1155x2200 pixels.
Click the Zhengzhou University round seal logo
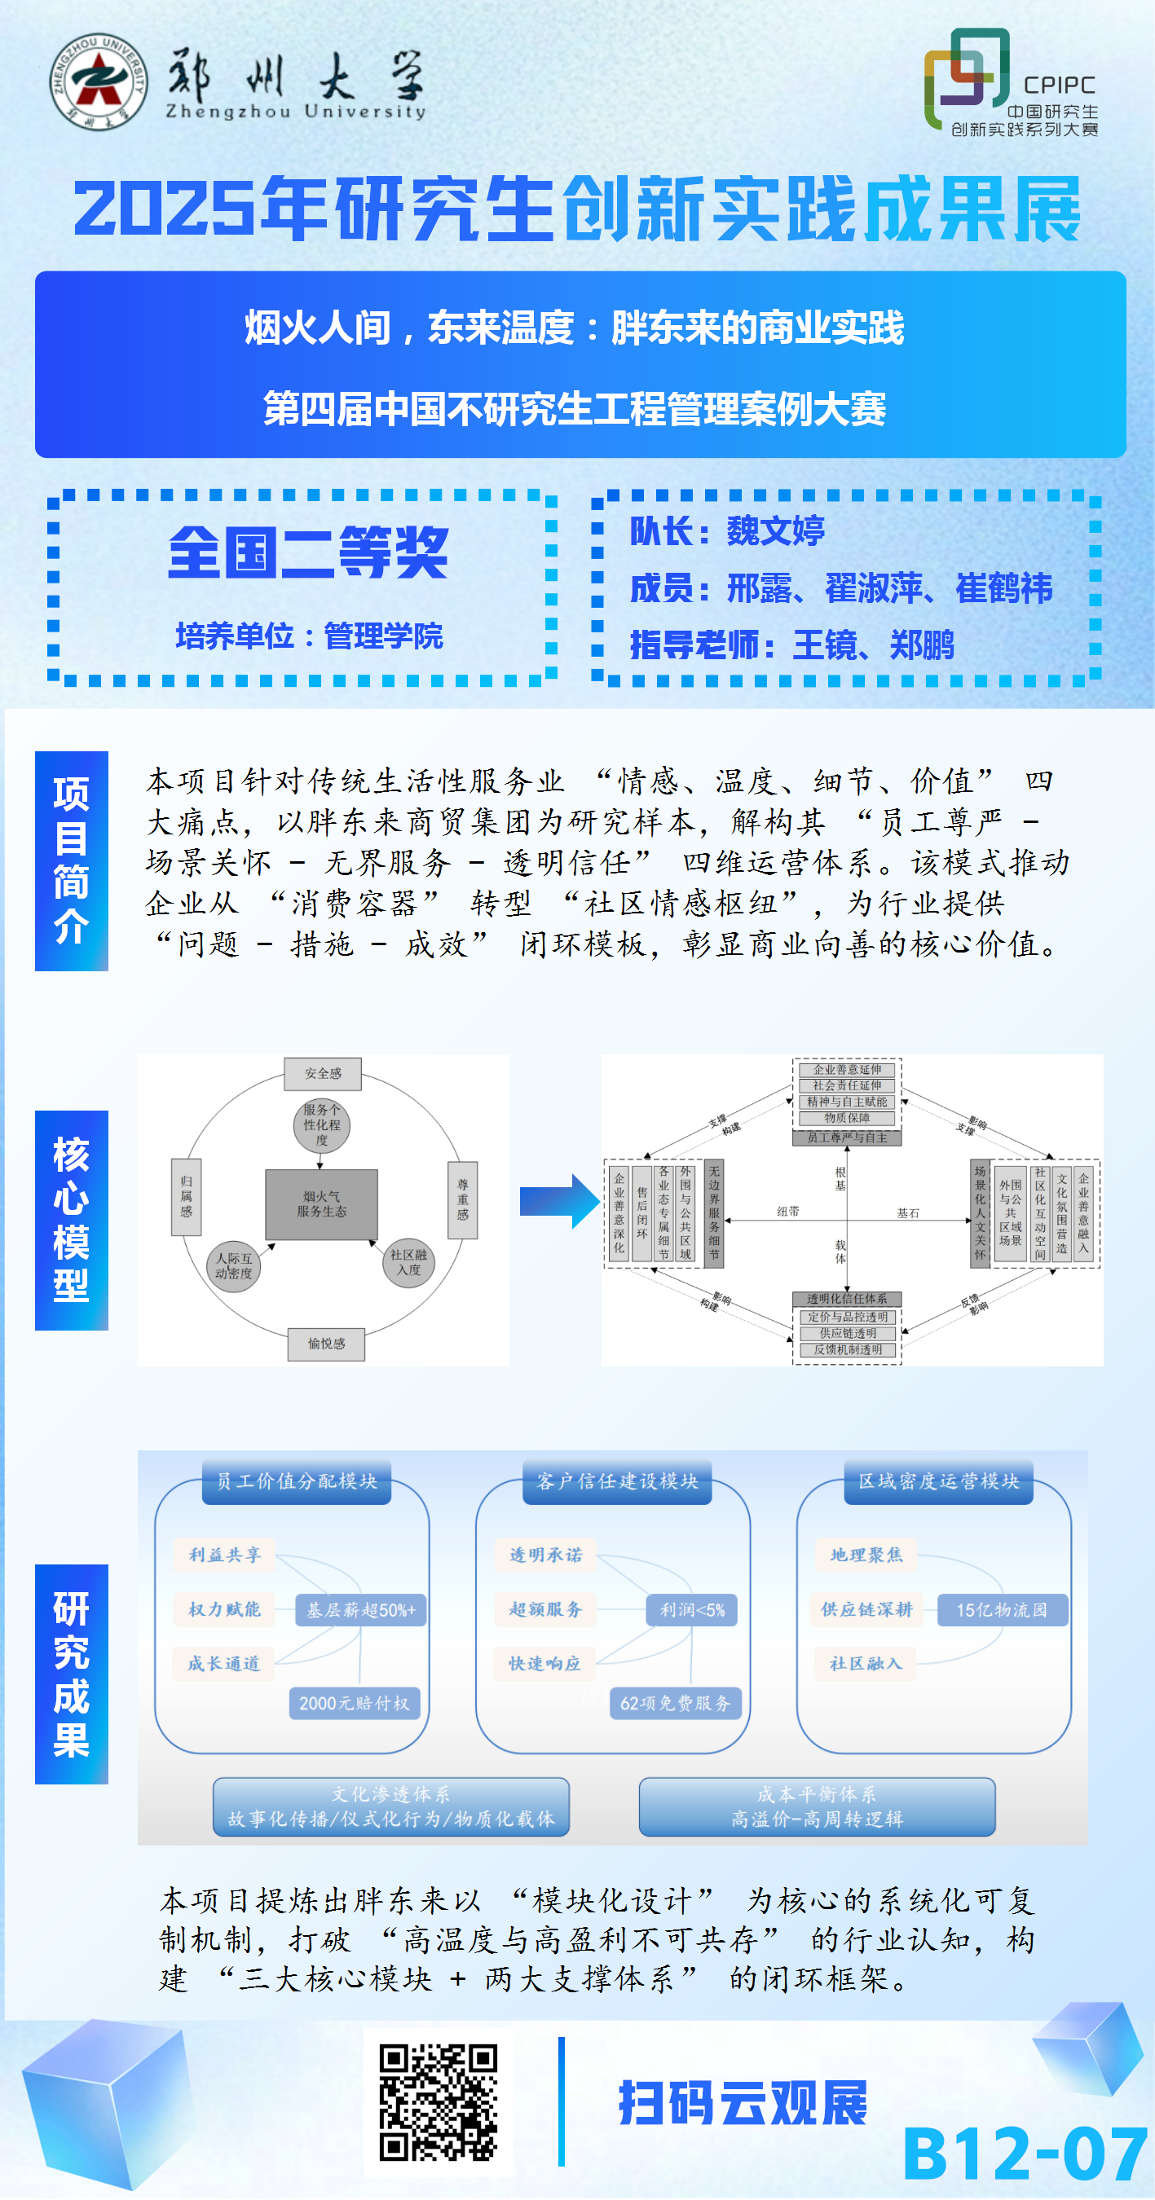97,82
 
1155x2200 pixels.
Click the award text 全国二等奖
307,552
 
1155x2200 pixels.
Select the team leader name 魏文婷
775,531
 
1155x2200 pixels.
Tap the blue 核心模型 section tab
71,1220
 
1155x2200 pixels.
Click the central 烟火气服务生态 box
321,1204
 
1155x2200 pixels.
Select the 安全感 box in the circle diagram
323,1074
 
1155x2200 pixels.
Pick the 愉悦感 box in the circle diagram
326,1344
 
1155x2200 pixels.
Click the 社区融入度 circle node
408,1262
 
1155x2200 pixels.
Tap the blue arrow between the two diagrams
559,1201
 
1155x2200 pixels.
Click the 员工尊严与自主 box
847,1137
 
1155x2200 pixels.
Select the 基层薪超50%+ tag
360,1610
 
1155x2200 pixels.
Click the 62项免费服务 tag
675,1703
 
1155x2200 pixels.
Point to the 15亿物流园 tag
1001,1610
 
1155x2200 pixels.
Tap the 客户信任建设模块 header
617,1481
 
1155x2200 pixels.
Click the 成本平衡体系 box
817,1806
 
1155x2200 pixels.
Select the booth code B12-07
1025,2154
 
